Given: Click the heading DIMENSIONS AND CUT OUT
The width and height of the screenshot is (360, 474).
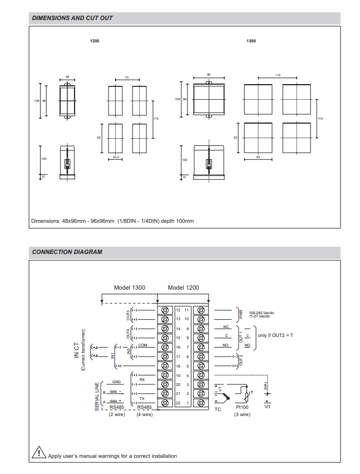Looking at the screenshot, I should click(x=72, y=18).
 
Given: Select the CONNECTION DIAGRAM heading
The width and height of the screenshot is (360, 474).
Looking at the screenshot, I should click(x=67, y=252).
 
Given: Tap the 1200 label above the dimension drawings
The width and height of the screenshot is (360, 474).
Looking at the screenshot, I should click(x=95, y=41).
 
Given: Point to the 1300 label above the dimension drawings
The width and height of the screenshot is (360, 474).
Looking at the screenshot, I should click(x=251, y=41).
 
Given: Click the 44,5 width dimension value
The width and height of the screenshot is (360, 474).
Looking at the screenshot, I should click(x=116, y=158).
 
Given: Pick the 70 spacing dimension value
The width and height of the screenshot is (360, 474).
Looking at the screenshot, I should click(x=127, y=77).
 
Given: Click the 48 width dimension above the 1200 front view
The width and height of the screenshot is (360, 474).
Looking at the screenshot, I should click(x=67, y=77).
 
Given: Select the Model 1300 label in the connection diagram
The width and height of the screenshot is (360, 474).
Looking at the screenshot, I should click(x=130, y=287).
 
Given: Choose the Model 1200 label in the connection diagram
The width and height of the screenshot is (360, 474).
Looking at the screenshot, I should click(x=183, y=287).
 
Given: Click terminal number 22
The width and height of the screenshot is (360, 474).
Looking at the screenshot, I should click(x=178, y=403).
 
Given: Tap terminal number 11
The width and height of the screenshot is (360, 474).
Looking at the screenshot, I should click(x=188, y=309).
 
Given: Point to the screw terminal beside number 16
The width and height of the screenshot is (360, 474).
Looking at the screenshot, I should click(x=165, y=347).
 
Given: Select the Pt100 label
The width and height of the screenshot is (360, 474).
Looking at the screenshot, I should click(x=242, y=408).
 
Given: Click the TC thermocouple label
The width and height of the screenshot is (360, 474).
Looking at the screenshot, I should click(x=218, y=409).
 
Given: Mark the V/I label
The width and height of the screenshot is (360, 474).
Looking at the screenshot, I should click(x=268, y=407).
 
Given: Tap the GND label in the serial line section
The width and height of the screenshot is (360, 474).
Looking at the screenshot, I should click(x=116, y=382).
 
